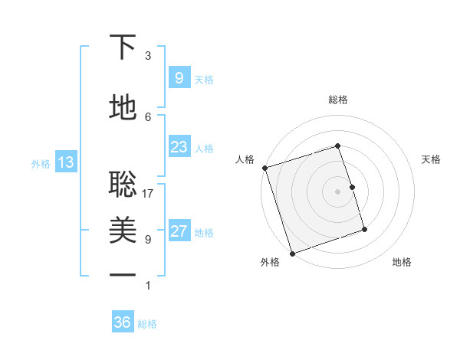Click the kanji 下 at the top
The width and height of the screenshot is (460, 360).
coord(123,48)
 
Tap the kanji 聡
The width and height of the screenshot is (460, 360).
coord(123,182)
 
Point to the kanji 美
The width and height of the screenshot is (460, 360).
coord(123,231)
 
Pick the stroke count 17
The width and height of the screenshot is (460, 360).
coord(149,194)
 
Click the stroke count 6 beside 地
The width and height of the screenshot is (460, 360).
coord(148,116)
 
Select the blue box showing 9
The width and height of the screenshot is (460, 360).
coord(179,78)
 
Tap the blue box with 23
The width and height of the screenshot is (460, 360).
coord(179,147)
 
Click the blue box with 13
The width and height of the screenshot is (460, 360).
coord(65,162)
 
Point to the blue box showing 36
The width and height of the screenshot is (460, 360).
coord(122,322)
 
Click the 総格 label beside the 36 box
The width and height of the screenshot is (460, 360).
coord(147,324)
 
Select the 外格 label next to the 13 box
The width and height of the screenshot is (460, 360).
coord(41,163)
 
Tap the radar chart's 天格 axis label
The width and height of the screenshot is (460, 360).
coord(431,159)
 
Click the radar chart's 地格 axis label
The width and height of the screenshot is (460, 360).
coord(402,262)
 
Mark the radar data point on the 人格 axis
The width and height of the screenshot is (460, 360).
coord(264,168)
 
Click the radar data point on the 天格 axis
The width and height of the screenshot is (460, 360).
coord(352,187)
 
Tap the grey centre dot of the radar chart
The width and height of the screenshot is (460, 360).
coord(337,191)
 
